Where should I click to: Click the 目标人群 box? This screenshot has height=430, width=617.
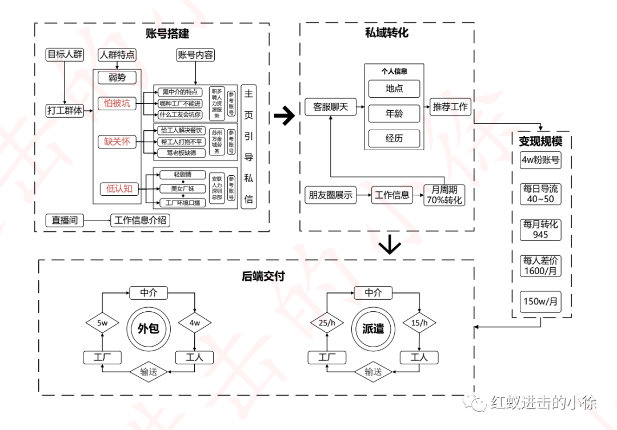(65, 55)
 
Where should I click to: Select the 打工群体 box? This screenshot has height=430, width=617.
(65, 111)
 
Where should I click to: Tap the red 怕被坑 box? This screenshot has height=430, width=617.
(117, 103)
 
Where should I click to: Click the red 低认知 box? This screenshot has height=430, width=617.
(120, 188)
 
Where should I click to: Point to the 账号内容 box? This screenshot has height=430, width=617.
(195, 55)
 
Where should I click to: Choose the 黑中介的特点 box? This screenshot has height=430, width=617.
(180, 91)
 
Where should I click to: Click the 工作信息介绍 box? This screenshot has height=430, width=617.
(140, 220)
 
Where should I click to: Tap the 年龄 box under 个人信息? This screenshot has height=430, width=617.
(394, 114)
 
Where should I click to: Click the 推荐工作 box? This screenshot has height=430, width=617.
(450, 107)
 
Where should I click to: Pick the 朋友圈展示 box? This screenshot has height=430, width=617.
(331, 195)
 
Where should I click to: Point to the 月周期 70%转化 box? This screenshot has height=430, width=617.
(444, 195)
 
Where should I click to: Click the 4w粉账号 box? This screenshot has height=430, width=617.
(540, 160)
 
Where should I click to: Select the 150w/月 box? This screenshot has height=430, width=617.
(540, 302)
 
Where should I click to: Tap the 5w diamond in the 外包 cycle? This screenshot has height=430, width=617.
(102, 324)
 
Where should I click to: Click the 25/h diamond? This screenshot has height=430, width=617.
(327, 324)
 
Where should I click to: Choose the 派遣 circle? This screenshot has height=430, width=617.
(373, 328)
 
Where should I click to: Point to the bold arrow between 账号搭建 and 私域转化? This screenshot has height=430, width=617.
(284, 116)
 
